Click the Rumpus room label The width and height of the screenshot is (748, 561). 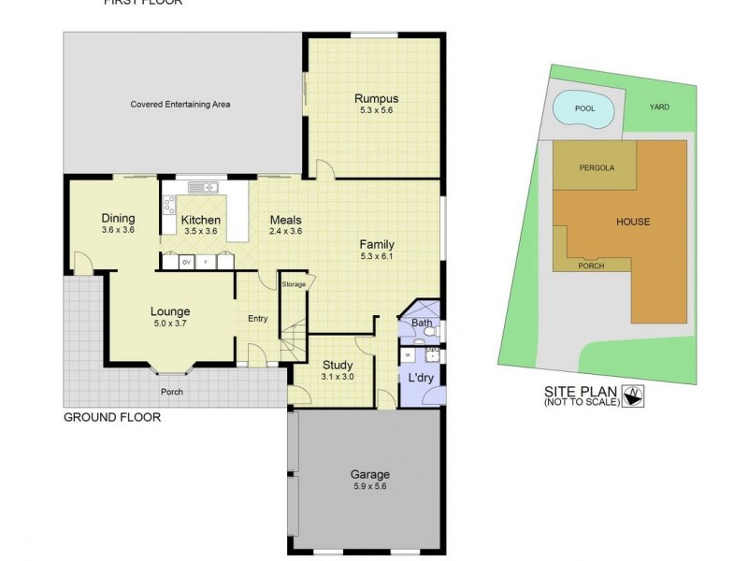point(376,98)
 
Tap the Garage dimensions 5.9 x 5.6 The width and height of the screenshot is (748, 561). point(369,486)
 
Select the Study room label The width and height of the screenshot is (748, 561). point(336,365)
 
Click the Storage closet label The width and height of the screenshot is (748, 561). point(294,284)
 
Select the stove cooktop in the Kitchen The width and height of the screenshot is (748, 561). point(169,205)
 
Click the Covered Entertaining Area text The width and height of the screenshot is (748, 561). point(180,105)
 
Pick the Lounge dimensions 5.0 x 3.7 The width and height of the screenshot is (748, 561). point(170,323)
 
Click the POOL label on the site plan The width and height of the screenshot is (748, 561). point(584,108)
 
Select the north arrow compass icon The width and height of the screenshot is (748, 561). point(635,396)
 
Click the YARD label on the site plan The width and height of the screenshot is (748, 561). point(659,107)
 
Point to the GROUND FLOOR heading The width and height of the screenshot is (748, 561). point(111,418)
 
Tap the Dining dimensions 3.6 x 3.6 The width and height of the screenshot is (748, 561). point(118,229)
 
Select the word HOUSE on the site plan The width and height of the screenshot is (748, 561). point(632,222)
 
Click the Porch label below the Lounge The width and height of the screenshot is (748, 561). point(171,392)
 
